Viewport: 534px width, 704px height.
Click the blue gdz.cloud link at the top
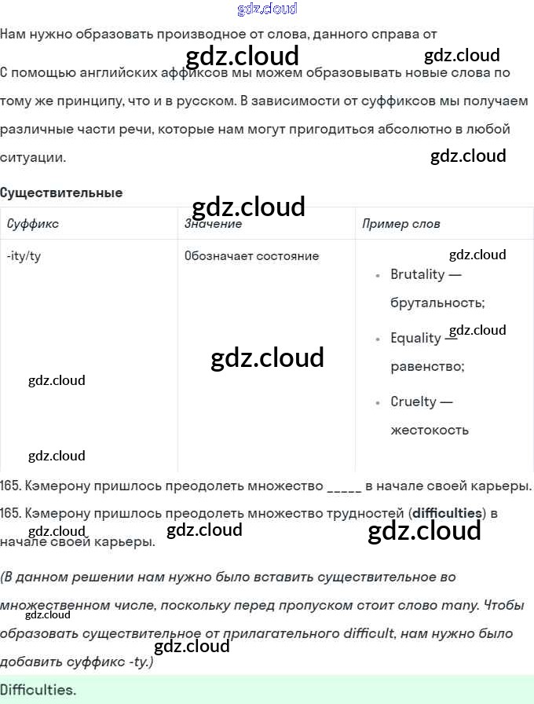click(x=267, y=9)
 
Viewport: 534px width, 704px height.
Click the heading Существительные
click(x=61, y=192)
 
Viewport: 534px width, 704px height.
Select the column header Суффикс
click(x=32, y=224)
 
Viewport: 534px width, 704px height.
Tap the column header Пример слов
click(x=400, y=224)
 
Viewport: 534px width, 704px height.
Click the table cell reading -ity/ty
click(x=24, y=256)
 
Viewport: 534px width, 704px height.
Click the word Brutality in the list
click(x=417, y=274)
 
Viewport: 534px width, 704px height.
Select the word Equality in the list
click(x=415, y=338)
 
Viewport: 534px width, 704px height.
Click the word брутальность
click(x=437, y=302)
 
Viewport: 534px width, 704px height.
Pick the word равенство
click(x=427, y=366)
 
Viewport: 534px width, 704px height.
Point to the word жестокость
click(x=430, y=430)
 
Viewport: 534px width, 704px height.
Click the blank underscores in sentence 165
click(x=343, y=486)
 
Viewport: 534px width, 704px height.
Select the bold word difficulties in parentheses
click(x=447, y=513)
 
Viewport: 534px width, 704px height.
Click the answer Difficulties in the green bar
click(x=38, y=691)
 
